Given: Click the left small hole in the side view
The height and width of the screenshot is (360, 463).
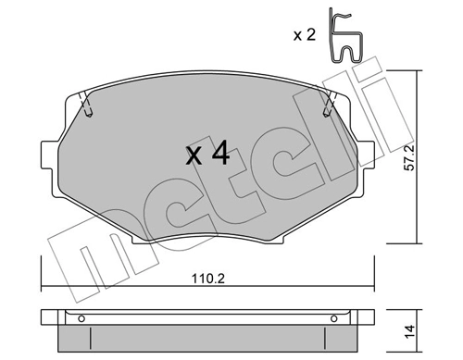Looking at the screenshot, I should (x=81, y=320).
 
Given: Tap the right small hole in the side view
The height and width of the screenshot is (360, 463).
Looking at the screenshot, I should (x=330, y=320).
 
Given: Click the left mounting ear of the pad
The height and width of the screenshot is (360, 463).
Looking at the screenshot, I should (x=51, y=154).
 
